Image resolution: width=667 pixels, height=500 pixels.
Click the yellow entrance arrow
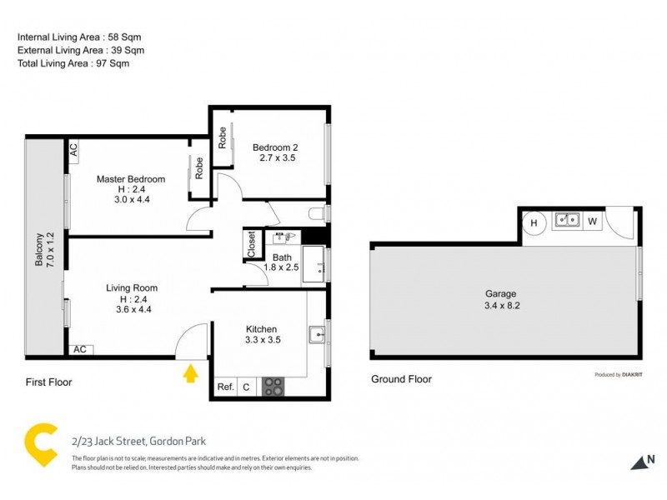click(x=191, y=372)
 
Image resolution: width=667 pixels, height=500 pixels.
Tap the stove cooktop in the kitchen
click(x=273, y=387)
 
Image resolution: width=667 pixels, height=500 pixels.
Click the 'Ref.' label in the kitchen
click(x=225, y=387)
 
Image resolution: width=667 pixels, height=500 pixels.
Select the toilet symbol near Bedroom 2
click(x=317, y=214)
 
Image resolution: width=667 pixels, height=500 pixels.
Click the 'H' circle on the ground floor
click(x=534, y=222)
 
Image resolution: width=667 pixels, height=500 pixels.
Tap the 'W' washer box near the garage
click(x=591, y=222)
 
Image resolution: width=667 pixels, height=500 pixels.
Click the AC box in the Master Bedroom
click(x=73, y=149)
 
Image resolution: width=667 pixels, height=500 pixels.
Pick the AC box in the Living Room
click(x=80, y=350)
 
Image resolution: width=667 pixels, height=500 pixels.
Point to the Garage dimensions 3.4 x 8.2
click(x=501, y=305)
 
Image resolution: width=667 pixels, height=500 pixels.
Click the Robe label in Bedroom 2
click(x=223, y=137)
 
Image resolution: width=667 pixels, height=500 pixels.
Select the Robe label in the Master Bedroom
click(x=199, y=169)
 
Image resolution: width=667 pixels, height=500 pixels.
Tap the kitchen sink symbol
click(x=317, y=335)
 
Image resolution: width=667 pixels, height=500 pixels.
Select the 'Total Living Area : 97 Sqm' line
click(x=73, y=63)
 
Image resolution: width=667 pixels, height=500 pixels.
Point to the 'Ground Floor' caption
click(x=401, y=379)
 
